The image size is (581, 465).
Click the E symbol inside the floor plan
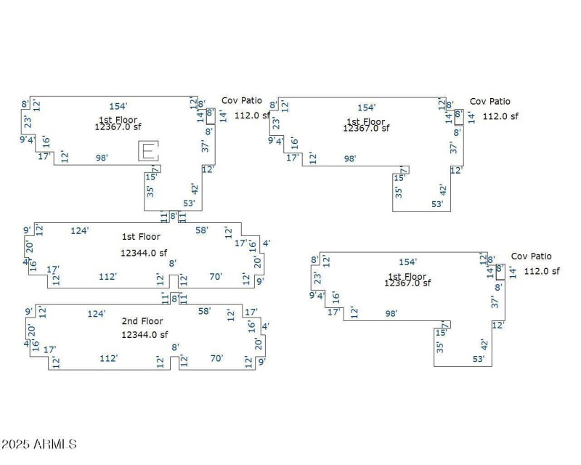point(148,151)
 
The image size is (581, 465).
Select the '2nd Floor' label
point(142,321)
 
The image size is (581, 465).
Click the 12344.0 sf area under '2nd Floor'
point(145,334)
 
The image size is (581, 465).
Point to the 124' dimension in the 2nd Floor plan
point(97,313)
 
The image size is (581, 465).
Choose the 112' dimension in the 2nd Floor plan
point(109,358)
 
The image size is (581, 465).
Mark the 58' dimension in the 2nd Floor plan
point(205,311)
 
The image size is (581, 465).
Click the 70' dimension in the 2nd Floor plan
point(216,358)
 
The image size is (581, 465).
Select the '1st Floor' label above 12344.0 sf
point(141,237)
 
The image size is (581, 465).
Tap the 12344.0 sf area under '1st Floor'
point(145,253)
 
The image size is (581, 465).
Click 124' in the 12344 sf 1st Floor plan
point(80,230)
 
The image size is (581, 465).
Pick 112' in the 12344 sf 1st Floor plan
point(108,276)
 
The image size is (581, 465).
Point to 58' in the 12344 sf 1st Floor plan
point(202,230)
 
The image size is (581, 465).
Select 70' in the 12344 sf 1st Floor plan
point(216,276)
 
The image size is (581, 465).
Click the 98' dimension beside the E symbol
point(102,158)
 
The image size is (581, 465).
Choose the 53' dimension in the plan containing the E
point(190,203)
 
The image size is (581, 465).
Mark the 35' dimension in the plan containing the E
point(150,192)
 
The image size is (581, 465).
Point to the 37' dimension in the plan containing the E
point(205,146)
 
